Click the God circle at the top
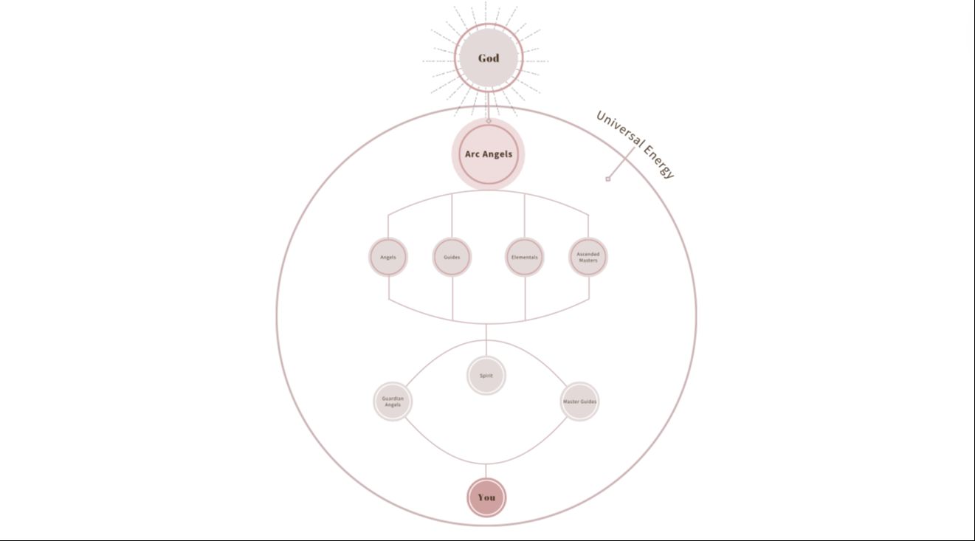click(488, 58)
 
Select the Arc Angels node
click(488, 154)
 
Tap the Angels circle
click(388, 258)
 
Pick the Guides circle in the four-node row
click(452, 258)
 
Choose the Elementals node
click(525, 258)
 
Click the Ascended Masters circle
click(588, 258)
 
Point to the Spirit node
click(486, 376)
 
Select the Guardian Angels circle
click(393, 402)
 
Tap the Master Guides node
click(579, 402)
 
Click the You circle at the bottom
click(486, 497)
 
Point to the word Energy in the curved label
click(659, 162)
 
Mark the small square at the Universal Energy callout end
click(608, 179)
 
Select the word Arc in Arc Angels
click(472, 154)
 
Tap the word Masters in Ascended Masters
click(588, 261)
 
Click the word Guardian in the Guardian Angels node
click(393, 399)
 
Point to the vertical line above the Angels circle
click(388, 227)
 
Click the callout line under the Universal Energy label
click(621, 162)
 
